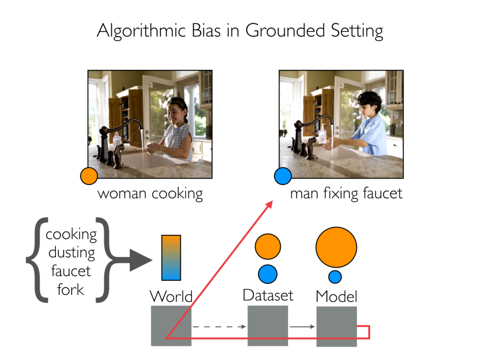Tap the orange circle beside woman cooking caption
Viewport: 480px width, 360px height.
88,176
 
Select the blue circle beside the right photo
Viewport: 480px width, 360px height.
283,176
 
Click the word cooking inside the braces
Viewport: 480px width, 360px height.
71,234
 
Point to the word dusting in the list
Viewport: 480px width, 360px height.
72,252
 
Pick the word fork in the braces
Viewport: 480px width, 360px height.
71,289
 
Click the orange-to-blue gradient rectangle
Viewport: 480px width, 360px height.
171,258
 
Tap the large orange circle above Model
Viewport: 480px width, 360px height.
336,247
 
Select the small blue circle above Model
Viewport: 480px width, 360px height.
335,276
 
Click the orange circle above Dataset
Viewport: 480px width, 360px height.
268,247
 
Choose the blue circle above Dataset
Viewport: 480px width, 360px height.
268,274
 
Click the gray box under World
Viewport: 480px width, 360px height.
171,325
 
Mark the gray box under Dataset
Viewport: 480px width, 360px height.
268,325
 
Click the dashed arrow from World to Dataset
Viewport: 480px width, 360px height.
219,327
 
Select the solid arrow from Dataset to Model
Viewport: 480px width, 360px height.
302,327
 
